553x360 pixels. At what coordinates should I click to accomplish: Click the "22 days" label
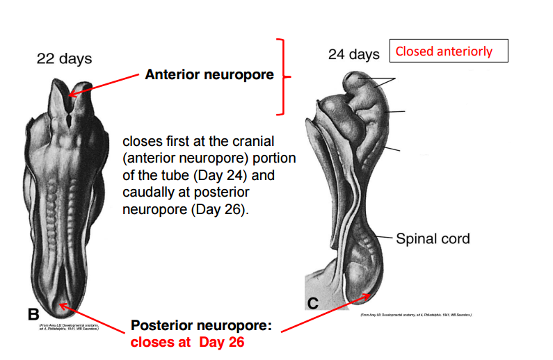pos(64,58)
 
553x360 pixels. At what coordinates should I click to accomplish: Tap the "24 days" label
pos(354,54)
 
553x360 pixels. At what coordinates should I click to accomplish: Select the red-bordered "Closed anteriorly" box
pos(449,51)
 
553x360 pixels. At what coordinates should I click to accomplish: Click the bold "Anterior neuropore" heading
pos(209,74)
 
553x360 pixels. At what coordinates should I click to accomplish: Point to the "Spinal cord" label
pos(433,239)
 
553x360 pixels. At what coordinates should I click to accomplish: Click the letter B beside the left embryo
pos(33,313)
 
